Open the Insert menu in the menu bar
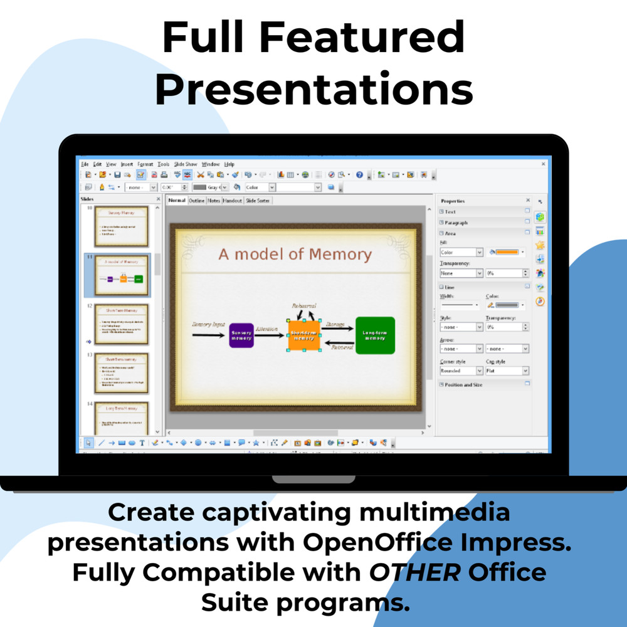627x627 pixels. click(x=127, y=164)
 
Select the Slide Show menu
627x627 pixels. click(x=186, y=164)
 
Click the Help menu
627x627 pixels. click(x=229, y=164)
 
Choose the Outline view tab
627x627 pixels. click(x=197, y=201)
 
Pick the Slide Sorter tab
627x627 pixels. click(x=257, y=201)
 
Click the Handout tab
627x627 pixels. click(x=232, y=201)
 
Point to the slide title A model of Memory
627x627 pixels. click(x=295, y=254)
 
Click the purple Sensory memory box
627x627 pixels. click(x=241, y=335)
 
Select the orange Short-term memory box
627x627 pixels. click(x=304, y=335)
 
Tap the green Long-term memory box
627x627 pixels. click(x=375, y=335)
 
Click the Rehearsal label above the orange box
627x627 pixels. click(x=304, y=306)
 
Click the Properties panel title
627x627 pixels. click(x=453, y=201)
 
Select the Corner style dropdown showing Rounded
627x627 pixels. click(x=461, y=371)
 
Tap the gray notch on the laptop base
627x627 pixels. click(x=313, y=480)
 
